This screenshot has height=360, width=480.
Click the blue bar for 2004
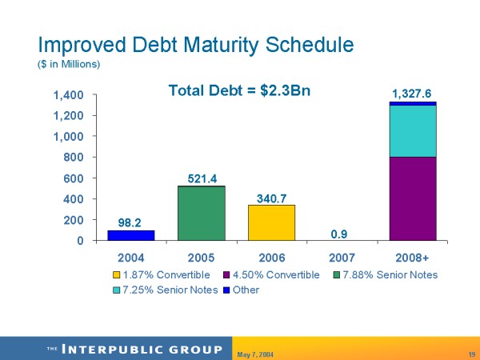click(x=131, y=235)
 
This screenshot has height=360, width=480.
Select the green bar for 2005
click(x=201, y=213)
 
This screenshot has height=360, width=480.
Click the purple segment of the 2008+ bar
click(x=413, y=198)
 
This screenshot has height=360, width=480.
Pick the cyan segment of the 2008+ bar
click(x=413, y=131)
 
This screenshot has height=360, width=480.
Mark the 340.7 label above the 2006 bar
click(x=271, y=196)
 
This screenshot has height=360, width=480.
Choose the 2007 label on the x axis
click(x=342, y=258)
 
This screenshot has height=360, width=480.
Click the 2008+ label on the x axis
click(x=413, y=258)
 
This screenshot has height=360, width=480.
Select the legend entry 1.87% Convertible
click(x=160, y=275)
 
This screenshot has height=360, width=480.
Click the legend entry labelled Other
click(x=246, y=290)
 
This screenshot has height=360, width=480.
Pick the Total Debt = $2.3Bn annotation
click(x=239, y=90)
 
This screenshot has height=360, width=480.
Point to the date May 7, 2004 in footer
click(x=256, y=353)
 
